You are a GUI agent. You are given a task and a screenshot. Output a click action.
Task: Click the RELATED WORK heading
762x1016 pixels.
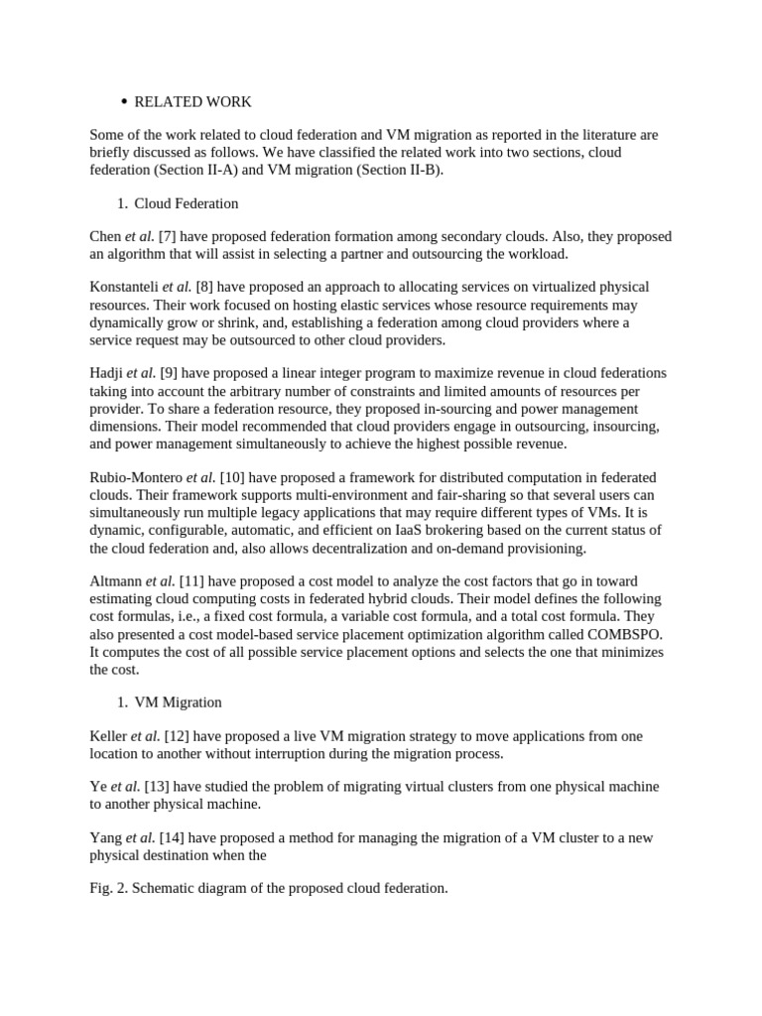[x=192, y=102]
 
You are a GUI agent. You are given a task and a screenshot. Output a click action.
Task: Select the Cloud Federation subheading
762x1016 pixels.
[x=186, y=203]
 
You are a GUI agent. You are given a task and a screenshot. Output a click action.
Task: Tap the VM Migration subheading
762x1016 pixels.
[x=178, y=702]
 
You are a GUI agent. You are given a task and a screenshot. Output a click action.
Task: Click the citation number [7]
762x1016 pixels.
[x=167, y=237]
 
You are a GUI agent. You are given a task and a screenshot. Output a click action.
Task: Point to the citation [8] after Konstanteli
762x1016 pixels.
[x=205, y=288]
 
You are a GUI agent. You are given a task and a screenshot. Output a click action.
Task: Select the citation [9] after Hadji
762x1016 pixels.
[x=169, y=373]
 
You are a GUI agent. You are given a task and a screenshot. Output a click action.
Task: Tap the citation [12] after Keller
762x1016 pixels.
[x=177, y=736]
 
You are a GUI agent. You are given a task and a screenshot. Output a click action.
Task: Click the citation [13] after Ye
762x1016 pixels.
[x=157, y=787]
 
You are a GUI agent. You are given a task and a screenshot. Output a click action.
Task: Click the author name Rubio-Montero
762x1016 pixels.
[x=135, y=478]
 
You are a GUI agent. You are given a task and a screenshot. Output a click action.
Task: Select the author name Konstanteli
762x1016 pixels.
[x=124, y=288]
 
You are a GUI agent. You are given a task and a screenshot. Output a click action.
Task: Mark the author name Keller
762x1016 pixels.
[x=107, y=736]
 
